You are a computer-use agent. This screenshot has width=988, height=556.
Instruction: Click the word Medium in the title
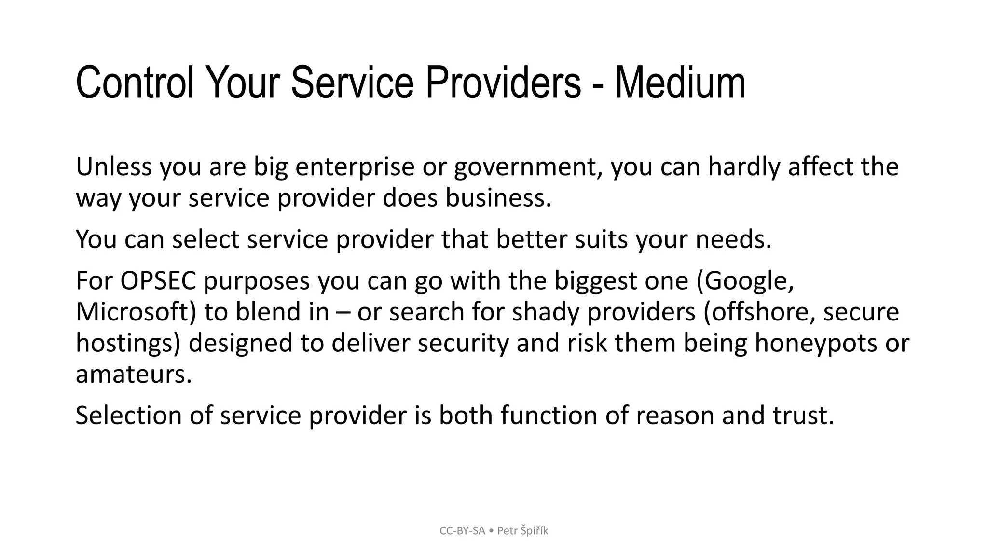[x=680, y=83]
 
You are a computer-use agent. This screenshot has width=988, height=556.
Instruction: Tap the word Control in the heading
[x=135, y=83]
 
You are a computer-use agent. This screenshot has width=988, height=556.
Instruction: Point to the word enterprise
[x=355, y=167]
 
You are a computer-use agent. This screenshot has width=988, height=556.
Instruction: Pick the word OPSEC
[x=158, y=281]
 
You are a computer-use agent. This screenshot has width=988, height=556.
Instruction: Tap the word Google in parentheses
[x=745, y=281]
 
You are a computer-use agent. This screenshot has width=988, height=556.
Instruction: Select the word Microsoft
[x=136, y=312]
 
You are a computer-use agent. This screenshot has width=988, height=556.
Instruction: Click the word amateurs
[x=134, y=374]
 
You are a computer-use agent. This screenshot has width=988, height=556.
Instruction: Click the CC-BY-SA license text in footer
[x=462, y=531]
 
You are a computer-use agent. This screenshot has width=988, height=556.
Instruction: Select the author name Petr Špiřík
[x=522, y=531]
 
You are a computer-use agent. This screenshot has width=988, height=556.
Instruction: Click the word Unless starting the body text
[x=114, y=167]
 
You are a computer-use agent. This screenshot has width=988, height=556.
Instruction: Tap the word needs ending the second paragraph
[x=733, y=239]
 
